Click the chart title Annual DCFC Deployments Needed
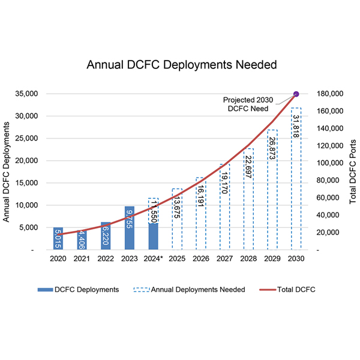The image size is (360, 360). (x=179, y=64)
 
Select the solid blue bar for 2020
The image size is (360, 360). (x=58, y=238)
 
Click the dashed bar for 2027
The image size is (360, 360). (x=224, y=206)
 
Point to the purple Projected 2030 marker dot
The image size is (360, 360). (x=296, y=94)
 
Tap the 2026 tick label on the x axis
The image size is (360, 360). (x=200, y=260)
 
